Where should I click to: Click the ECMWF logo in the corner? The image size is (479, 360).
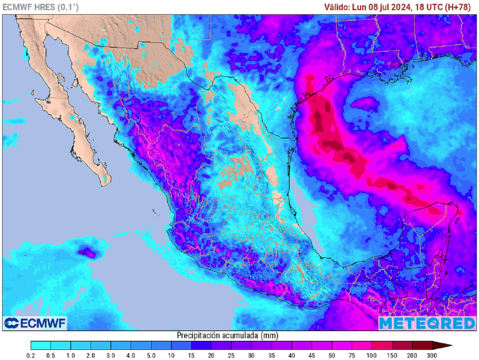click(35, 323)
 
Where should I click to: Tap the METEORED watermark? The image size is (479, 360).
click(427, 323)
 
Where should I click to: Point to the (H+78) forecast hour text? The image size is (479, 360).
click(457, 7)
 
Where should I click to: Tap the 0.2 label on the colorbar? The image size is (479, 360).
click(31, 356)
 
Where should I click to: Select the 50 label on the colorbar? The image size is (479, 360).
click(332, 356)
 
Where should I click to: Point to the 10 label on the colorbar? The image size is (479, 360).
click(172, 356)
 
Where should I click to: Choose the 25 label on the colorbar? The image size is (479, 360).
click(232, 356)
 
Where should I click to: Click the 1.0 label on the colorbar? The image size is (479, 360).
click(71, 356)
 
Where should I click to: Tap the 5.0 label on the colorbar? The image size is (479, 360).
click(151, 356)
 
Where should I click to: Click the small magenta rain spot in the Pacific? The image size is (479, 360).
click(87, 253)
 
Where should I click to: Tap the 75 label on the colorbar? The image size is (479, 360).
click(352, 356)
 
